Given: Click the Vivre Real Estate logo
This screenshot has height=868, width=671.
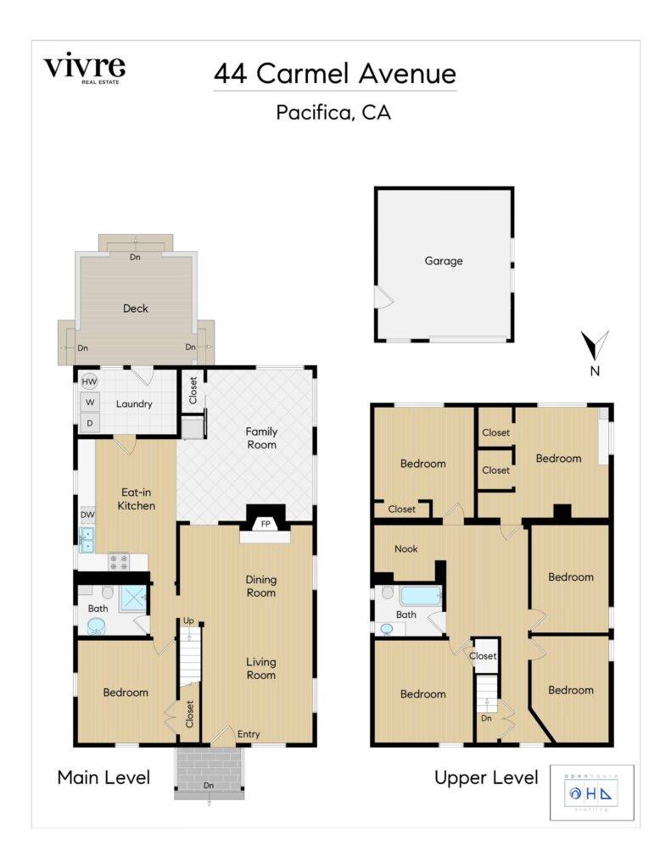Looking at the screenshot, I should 84,69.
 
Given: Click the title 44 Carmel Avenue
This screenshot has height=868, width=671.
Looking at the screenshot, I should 334,74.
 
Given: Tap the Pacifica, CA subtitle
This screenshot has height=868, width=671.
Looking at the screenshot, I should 333,112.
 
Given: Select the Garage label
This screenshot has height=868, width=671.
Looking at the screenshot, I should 444,261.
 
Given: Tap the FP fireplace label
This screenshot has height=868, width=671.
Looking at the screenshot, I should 265,524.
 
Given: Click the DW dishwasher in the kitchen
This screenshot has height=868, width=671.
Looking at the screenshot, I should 87,515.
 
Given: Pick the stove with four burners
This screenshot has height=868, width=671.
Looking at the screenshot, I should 119,561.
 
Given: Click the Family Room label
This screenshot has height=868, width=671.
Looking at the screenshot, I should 261,437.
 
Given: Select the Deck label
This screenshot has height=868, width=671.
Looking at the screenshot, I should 136,309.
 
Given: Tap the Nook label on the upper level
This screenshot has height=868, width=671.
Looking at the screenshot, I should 406,548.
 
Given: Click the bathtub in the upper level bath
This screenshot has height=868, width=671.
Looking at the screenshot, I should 420,595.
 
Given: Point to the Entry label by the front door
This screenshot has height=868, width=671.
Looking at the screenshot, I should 249,734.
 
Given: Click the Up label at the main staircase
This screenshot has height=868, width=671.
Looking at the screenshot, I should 188,622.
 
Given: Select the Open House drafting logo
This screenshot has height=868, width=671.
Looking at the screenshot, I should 591,793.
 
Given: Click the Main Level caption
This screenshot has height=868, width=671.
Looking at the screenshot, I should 103,776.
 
